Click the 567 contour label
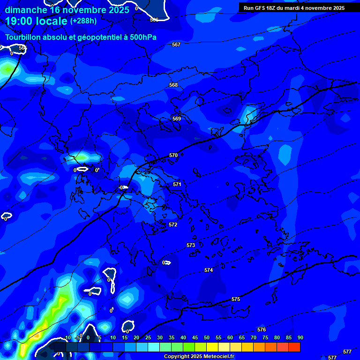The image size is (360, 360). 176,45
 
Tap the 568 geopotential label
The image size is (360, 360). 173,85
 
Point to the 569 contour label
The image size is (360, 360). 176,119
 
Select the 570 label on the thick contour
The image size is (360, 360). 173,155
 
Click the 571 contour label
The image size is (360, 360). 177,184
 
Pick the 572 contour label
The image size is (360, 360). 173,225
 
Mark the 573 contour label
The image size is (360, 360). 191,245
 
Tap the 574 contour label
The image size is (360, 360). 209,270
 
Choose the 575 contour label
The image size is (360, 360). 236,299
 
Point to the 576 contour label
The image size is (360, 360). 262,330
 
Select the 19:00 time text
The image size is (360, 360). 19,21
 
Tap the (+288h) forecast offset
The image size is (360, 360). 83,21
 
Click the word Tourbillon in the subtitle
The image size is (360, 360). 23,37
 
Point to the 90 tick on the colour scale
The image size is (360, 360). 300,337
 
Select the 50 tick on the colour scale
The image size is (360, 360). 207,337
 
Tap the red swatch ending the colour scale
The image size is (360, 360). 294,347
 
